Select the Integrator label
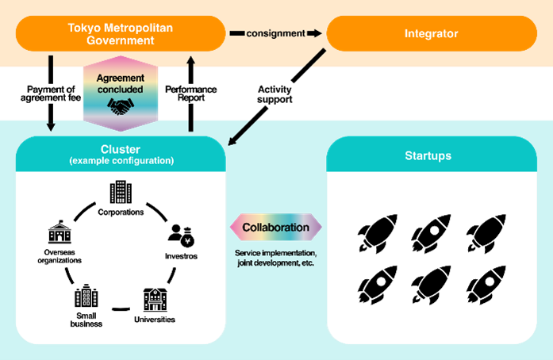pos(431,33)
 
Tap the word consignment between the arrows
pos(275,33)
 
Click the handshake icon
pos(121,106)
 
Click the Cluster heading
pos(121,149)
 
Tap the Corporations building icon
pos(121,192)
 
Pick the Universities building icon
pos(155,299)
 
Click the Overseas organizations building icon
pos(60,232)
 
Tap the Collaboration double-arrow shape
pos(275,228)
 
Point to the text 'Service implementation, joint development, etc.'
pos(275,258)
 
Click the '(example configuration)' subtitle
pos(121,161)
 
